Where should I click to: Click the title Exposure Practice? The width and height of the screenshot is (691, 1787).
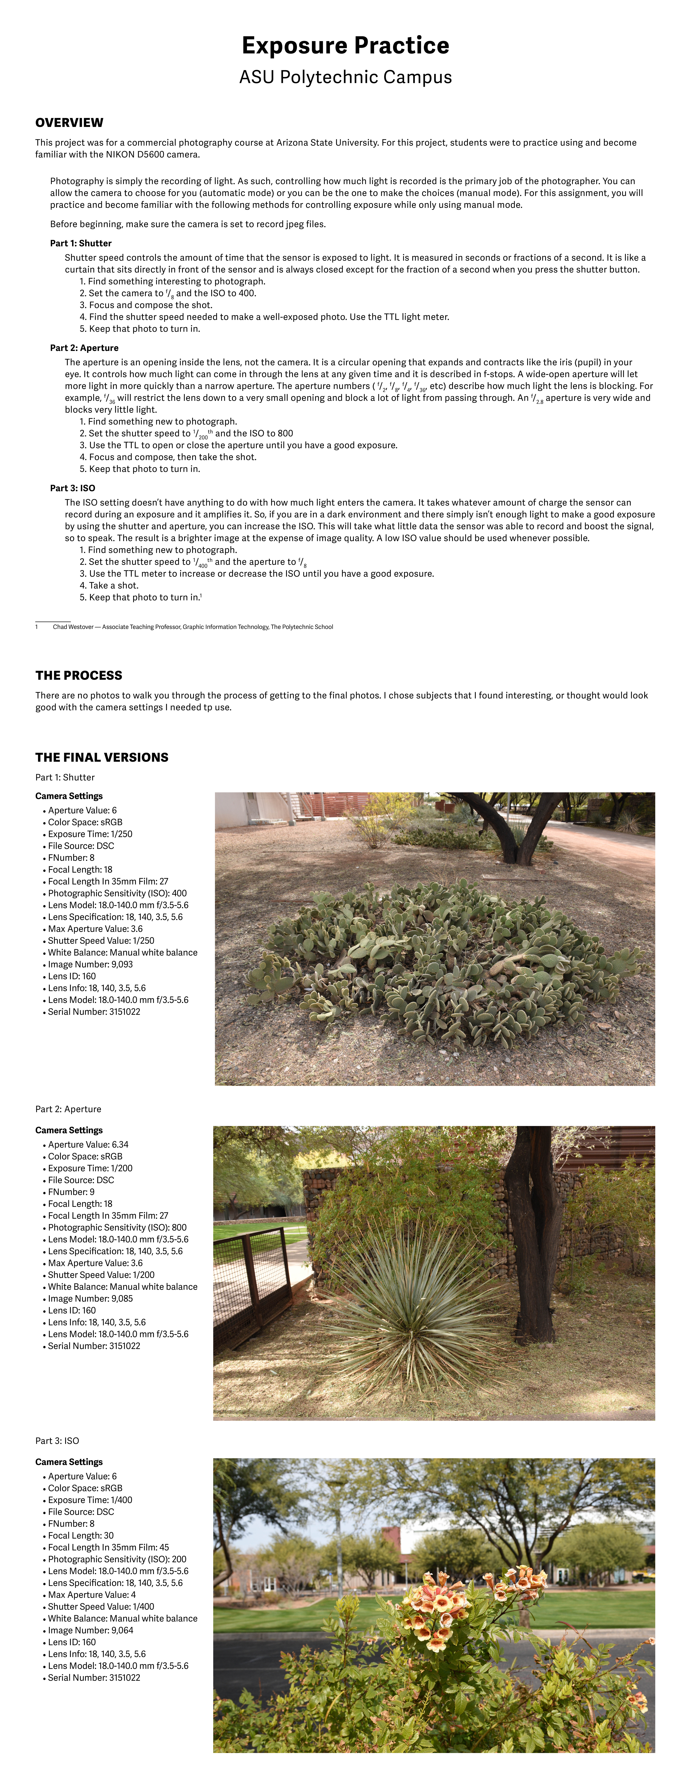pyautogui.click(x=345, y=46)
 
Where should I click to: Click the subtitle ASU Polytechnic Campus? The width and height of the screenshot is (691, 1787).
pyautogui.click(x=345, y=77)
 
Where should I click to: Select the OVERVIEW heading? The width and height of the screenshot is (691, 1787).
pyautogui.click(x=69, y=123)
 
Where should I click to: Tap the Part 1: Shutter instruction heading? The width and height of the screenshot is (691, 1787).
pyautogui.click(x=80, y=244)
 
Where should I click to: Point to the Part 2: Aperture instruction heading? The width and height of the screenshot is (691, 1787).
pyautogui.click(x=84, y=348)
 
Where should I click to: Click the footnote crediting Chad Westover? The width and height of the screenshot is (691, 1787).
pyautogui.click(x=192, y=627)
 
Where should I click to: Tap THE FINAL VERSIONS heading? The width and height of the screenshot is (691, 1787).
pyautogui.click(x=102, y=758)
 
